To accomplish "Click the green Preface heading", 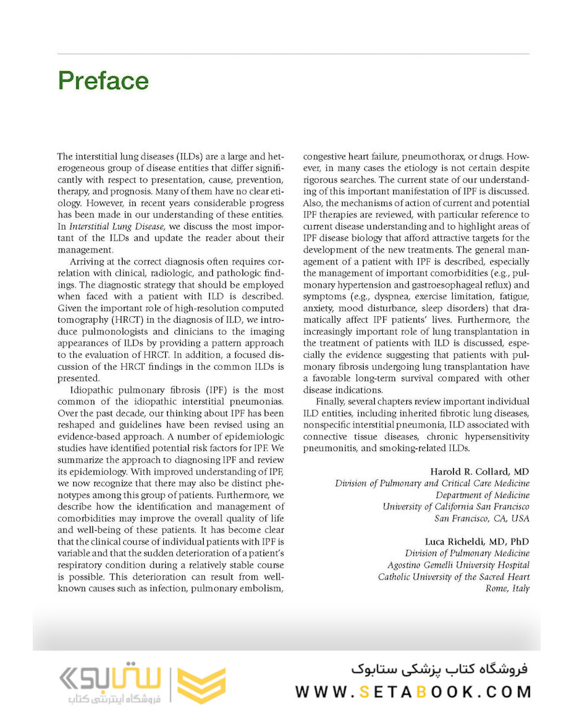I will tap(103, 81).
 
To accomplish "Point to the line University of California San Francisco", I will tap(456, 507).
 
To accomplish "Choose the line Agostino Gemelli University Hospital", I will tap(458, 565).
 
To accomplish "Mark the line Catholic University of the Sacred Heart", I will tap(453, 577).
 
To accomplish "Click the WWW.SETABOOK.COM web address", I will tap(413, 691).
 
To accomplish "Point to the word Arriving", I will tap(85, 263).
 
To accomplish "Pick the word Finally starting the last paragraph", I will tap(331, 401).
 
